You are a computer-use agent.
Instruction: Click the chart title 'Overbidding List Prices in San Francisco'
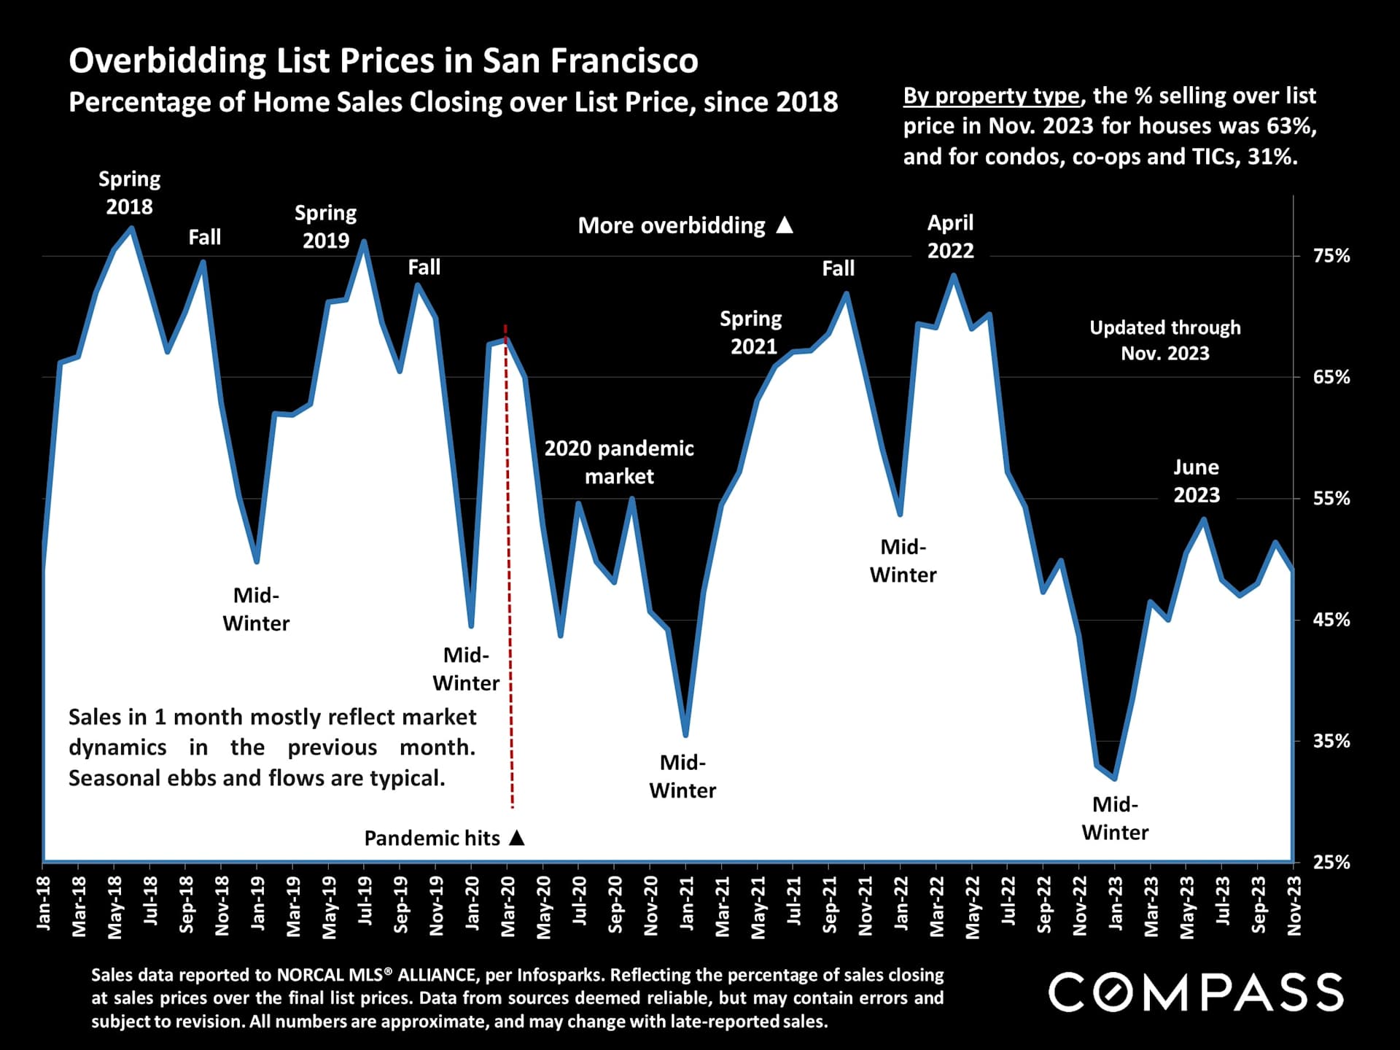(x=383, y=61)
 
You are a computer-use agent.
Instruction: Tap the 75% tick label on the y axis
(x=1331, y=256)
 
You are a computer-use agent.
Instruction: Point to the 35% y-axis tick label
(x=1331, y=741)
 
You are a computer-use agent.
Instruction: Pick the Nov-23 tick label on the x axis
(x=1294, y=905)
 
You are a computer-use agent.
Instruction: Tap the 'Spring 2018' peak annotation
(x=129, y=192)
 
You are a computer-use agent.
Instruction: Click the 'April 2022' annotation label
(x=950, y=236)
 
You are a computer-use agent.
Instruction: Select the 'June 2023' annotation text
(x=1196, y=481)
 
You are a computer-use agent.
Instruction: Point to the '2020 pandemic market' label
(x=619, y=462)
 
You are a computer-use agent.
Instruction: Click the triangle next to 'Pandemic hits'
(x=517, y=837)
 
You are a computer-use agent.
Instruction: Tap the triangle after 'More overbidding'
(x=785, y=225)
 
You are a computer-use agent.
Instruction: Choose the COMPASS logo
(x=1195, y=992)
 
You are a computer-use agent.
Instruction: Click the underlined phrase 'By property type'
(x=991, y=96)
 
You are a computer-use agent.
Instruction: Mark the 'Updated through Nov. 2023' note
(x=1164, y=340)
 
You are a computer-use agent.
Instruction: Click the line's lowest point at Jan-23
(x=1114, y=778)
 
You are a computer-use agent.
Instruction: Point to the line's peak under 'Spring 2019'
(x=363, y=242)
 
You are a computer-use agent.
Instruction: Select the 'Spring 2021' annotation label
(x=752, y=332)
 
